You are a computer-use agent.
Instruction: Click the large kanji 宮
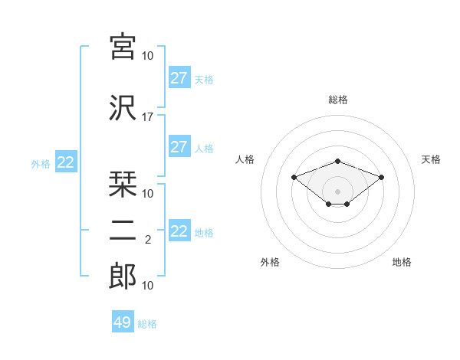pos(123,47)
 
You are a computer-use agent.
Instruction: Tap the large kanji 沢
pos(123,108)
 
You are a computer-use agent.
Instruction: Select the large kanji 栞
pos(123,185)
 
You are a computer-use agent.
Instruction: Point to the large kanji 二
pos(123,231)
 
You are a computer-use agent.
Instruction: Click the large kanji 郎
pos(123,277)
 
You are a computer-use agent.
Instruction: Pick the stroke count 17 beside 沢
pos(147,117)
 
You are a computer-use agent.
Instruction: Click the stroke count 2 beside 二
pos(148,240)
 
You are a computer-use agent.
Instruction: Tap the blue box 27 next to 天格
pos(179,77)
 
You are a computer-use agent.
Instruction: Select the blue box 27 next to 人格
pos(179,146)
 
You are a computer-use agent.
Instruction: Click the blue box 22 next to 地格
pos(179,230)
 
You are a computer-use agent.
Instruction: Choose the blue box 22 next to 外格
pos(66,162)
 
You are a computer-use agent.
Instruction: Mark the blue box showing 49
pos(123,321)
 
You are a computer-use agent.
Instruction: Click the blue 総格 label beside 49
pos(147,324)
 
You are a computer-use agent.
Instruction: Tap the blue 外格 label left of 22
pos(41,164)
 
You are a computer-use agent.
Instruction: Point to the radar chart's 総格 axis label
pos(338,100)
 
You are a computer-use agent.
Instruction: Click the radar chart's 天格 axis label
pos(431,159)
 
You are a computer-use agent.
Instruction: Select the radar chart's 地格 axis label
pos(402,262)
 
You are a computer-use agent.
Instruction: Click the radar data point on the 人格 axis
pos(294,177)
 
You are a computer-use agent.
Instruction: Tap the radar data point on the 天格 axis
pos(381,177)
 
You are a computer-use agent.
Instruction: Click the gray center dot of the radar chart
pos(337,191)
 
